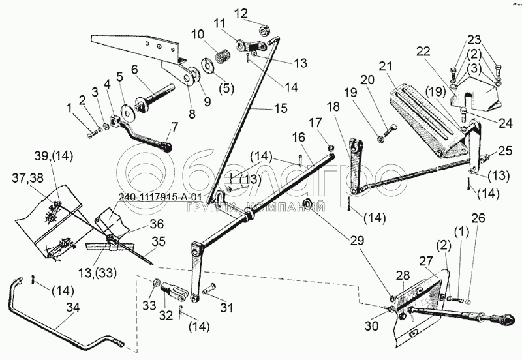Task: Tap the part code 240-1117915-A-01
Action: (161, 198)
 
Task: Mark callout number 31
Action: (226, 308)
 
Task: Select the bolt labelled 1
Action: (91, 134)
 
